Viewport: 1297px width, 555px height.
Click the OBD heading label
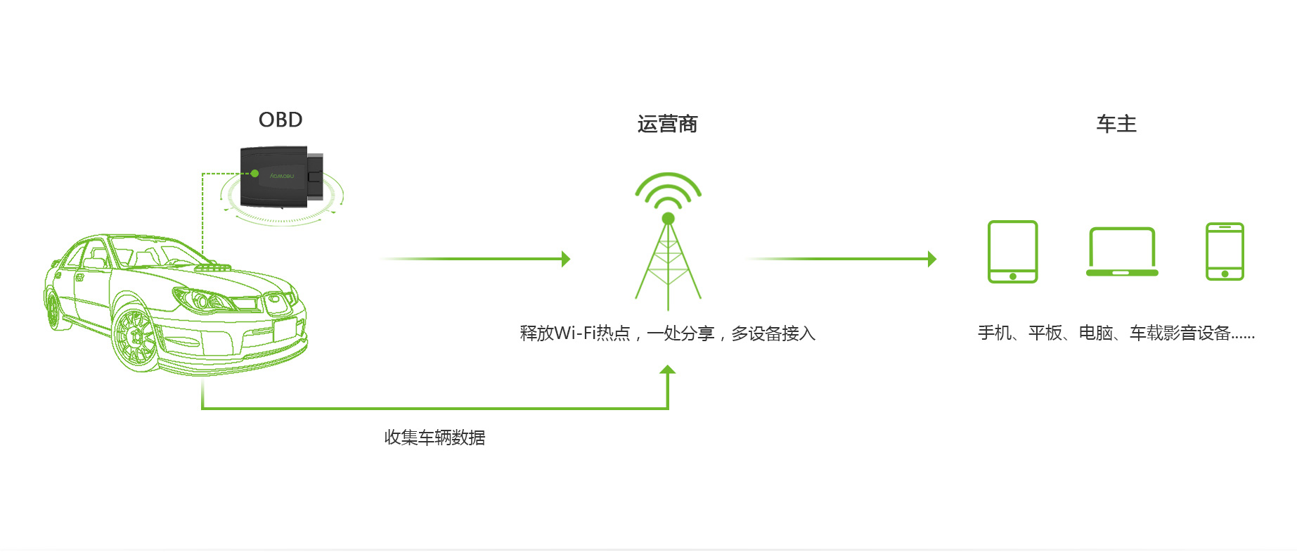click(x=280, y=120)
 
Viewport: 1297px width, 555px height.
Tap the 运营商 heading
click(x=667, y=124)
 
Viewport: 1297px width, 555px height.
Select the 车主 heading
click(x=1116, y=124)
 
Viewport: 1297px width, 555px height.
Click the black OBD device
click(x=281, y=177)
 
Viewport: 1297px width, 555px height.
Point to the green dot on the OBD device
click(x=254, y=173)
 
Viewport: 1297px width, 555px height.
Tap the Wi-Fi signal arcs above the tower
click(x=668, y=191)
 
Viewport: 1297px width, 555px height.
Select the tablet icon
click(x=1012, y=252)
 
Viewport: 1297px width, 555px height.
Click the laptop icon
click(x=1122, y=252)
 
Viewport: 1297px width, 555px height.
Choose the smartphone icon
click(x=1225, y=252)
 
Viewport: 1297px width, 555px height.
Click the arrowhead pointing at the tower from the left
click(x=566, y=259)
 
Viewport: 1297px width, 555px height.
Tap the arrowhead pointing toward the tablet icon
click(x=932, y=259)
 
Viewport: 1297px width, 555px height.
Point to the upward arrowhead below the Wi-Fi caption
click(x=668, y=369)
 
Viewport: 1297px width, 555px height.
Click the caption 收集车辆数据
click(x=434, y=438)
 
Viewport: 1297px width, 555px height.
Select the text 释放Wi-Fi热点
click(x=575, y=333)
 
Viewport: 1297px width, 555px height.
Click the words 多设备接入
click(x=773, y=333)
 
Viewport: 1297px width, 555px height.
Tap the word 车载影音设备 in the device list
click(x=1180, y=333)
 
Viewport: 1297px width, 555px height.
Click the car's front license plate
click(x=285, y=328)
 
